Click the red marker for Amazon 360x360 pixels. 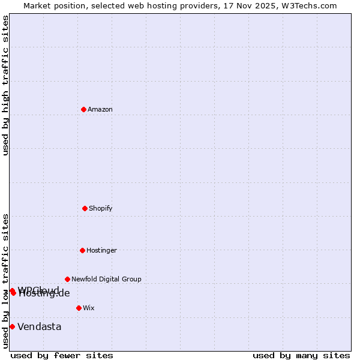pyautogui.click(x=84, y=109)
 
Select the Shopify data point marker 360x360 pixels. pyautogui.click(x=85, y=208)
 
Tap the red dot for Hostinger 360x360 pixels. pyautogui.click(x=82, y=250)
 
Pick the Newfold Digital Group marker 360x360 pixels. pyautogui.click(x=67, y=279)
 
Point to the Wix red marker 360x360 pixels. pyautogui.click(x=79, y=308)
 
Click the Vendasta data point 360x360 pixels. pyautogui.click(x=12, y=326)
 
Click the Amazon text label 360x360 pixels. pyautogui.click(x=100, y=109)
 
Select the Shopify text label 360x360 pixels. pyautogui.click(x=101, y=208)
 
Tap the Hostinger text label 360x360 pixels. pyautogui.click(x=101, y=250)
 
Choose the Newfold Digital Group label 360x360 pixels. pyautogui.click(x=106, y=279)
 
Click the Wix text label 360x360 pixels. pyautogui.click(x=89, y=308)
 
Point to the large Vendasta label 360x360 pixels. pyautogui.click(x=39, y=326)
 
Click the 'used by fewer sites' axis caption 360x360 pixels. pyautogui.click(x=62, y=355)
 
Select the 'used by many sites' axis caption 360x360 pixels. pyautogui.click(x=301, y=355)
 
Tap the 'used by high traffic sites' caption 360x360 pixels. pyautogui.click(x=5, y=86)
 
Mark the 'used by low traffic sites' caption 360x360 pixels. pyautogui.click(x=5, y=281)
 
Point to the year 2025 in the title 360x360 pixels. pyautogui.click(x=268, y=5)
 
